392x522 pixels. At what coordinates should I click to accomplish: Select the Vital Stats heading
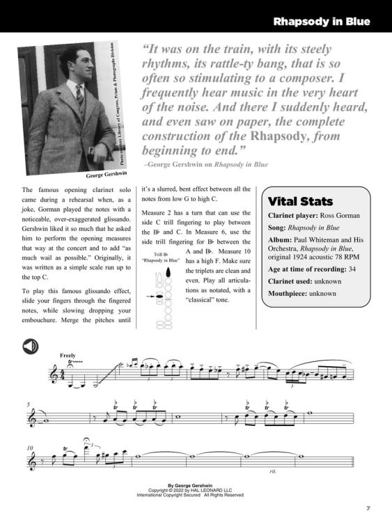tap(301, 201)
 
